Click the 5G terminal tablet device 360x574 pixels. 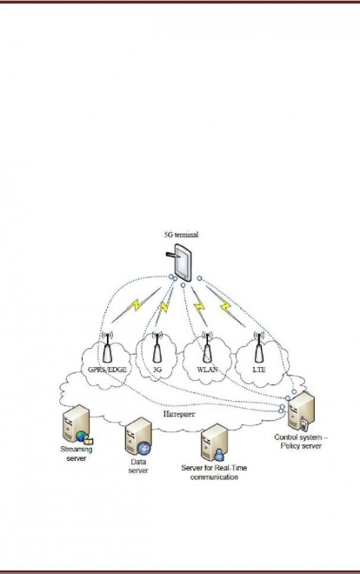click(182, 263)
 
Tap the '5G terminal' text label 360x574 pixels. click(182, 235)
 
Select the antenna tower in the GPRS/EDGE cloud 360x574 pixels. click(107, 347)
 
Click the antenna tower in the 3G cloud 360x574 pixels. click(157, 347)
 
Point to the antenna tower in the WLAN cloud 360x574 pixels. click(207, 347)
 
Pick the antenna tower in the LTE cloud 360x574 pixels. click(258, 347)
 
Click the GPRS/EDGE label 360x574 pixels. click(107, 370)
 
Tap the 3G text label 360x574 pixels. click(157, 370)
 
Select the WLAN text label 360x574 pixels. click(208, 370)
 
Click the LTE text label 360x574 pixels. click(259, 370)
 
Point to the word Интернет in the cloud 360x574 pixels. click(179, 414)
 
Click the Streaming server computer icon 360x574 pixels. click(77, 424)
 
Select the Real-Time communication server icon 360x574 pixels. click(214, 443)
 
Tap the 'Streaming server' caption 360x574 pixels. click(77, 454)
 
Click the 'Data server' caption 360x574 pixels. click(138, 466)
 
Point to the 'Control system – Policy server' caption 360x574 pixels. click(301, 442)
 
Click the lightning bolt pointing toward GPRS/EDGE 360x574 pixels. click(137, 305)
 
